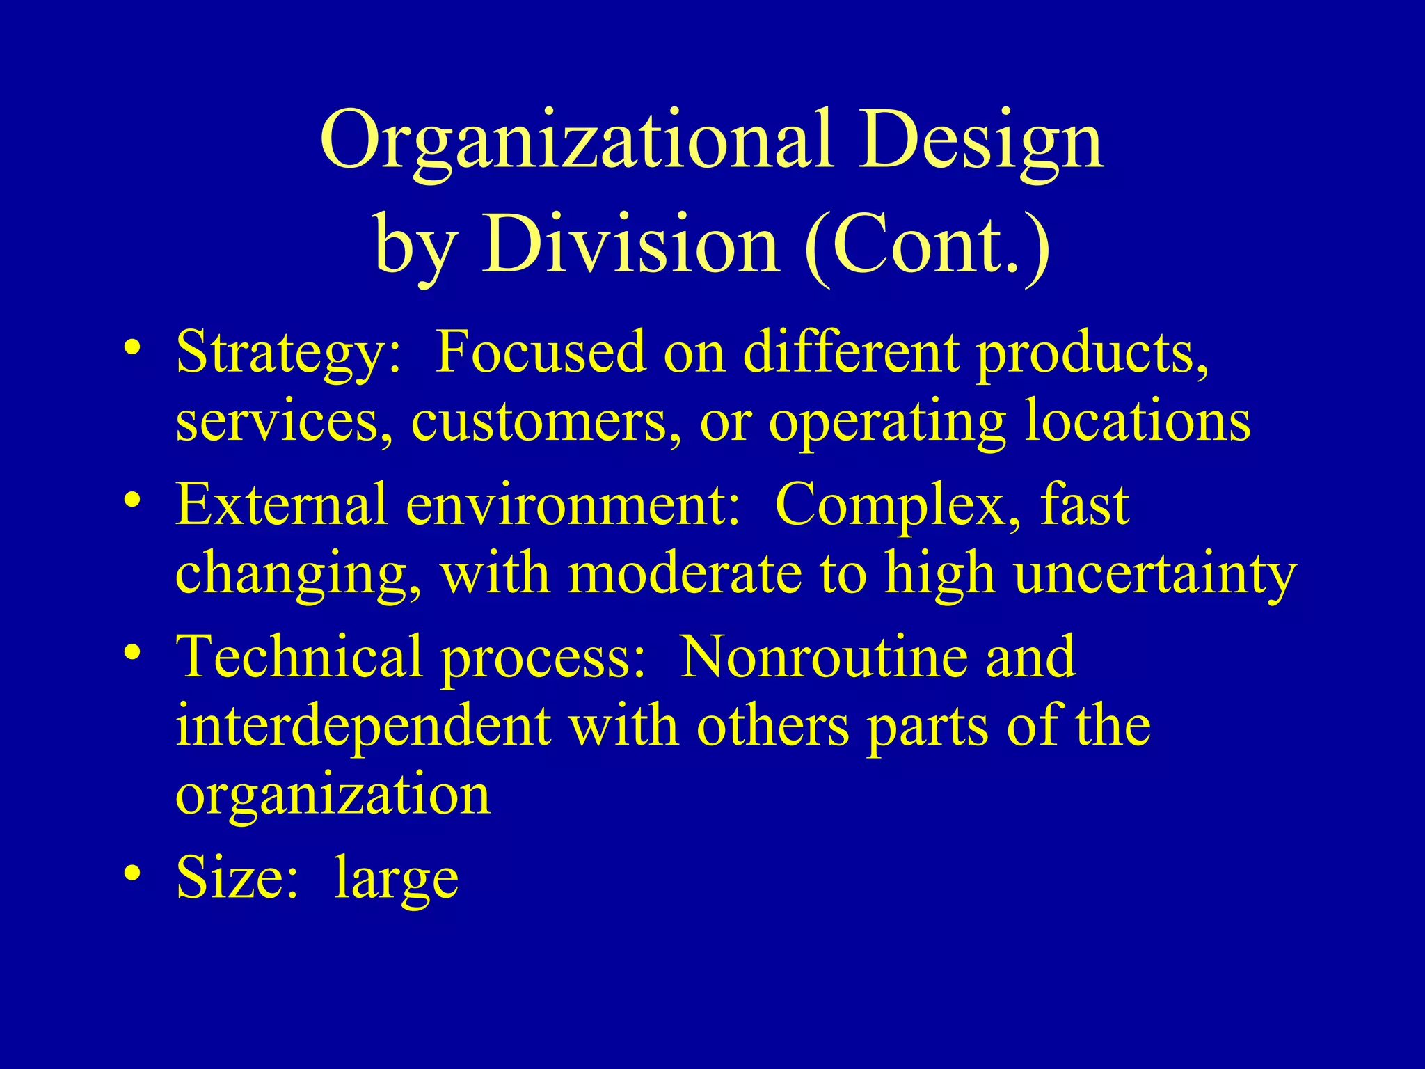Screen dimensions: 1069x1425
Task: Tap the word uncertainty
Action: click(1155, 575)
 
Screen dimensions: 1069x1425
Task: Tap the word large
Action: click(396, 878)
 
